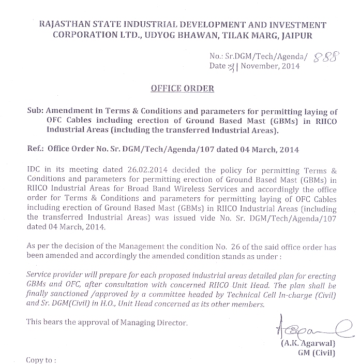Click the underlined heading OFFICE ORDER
(x=182, y=89)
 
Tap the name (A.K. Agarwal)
(x=308, y=343)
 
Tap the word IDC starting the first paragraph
(x=32, y=170)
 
